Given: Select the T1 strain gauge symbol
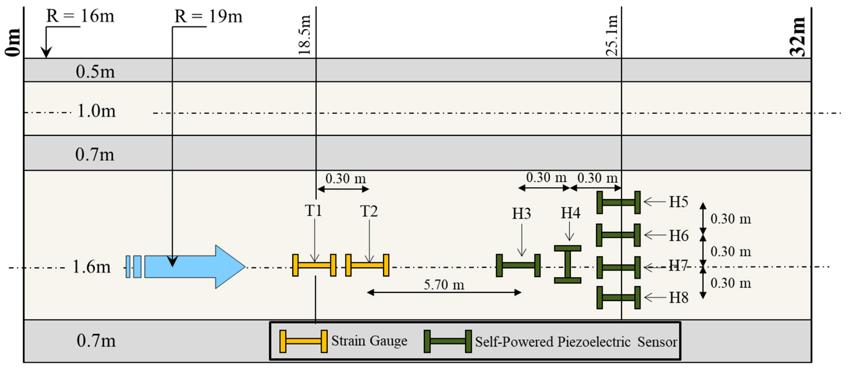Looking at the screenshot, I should [x=314, y=265].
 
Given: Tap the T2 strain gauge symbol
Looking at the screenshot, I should [x=367, y=265].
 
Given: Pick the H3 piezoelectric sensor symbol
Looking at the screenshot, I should [x=518, y=265].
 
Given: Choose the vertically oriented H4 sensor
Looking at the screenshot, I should [x=567, y=264].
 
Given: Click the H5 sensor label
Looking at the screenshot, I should [x=679, y=202].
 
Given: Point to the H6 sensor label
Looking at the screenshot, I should [x=679, y=235].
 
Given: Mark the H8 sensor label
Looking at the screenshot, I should [x=679, y=297].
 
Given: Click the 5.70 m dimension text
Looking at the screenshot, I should [x=444, y=285].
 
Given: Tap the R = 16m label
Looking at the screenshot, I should [x=80, y=16].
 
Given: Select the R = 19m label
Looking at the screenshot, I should [x=208, y=16].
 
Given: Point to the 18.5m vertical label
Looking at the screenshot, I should [x=305, y=35].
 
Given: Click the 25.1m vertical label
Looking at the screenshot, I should [x=612, y=36].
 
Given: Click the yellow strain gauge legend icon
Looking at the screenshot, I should [x=303, y=341].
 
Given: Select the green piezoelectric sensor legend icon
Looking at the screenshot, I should [x=448, y=341].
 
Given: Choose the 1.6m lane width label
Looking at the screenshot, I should [x=91, y=267].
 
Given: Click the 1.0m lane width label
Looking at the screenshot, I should [x=96, y=111].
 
